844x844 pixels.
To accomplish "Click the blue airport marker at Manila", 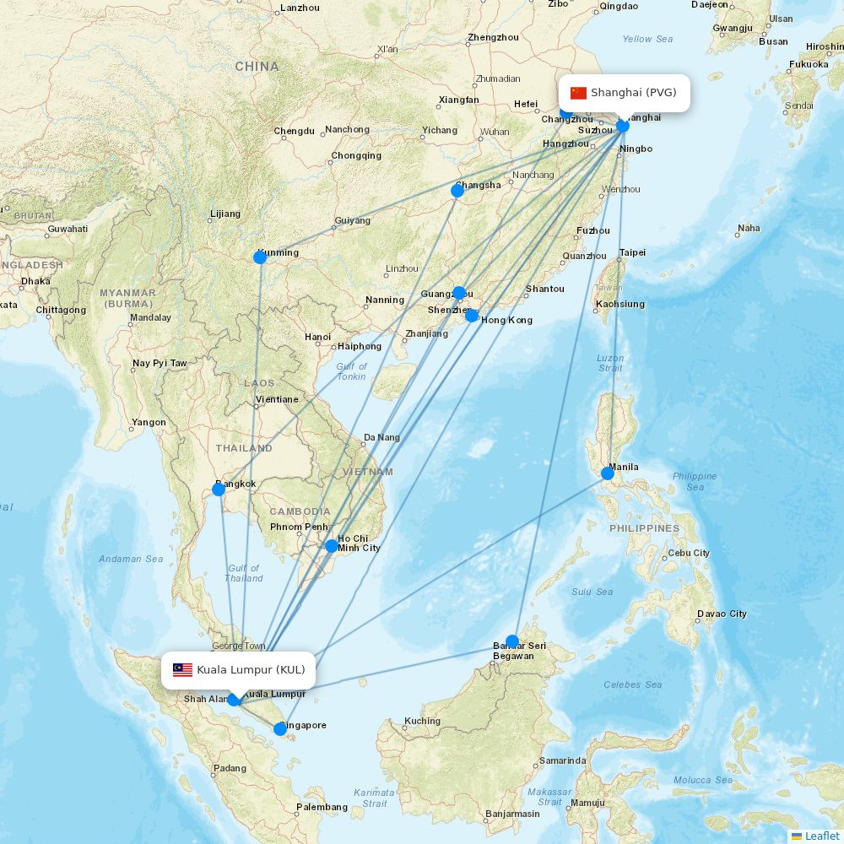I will click(x=608, y=473).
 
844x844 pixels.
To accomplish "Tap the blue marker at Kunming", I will click(x=260, y=257).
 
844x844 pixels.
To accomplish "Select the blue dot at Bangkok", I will click(x=219, y=489).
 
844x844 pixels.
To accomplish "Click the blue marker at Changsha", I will click(x=457, y=191).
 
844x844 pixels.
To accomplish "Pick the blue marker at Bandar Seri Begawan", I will click(x=512, y=641).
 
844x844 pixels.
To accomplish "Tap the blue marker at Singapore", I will click(x=280, y=728).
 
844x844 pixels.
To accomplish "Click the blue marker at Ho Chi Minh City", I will click(x=332, y=546).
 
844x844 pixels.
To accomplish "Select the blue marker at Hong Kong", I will click(x=472, y=316).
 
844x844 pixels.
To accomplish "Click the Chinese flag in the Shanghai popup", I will click(x=578, y=93).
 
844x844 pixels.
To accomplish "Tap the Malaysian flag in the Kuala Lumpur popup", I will click(x=183, y=670).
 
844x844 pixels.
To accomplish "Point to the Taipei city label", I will click(x=632, y=252).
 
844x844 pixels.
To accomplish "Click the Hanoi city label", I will click(x=318, y=338).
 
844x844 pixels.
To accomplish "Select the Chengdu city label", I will click(x=295, y=131).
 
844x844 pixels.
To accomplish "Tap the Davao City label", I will click(x=722, y=614).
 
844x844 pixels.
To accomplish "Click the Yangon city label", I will click(x=149, y=422).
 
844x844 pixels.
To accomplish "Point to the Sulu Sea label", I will click(x=592, y=592).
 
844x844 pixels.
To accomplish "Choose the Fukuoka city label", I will click(x=809, y=64).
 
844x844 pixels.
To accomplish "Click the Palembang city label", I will click(x=322, y=807).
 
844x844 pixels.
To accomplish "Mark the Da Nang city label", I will click(x=381, y=437).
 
